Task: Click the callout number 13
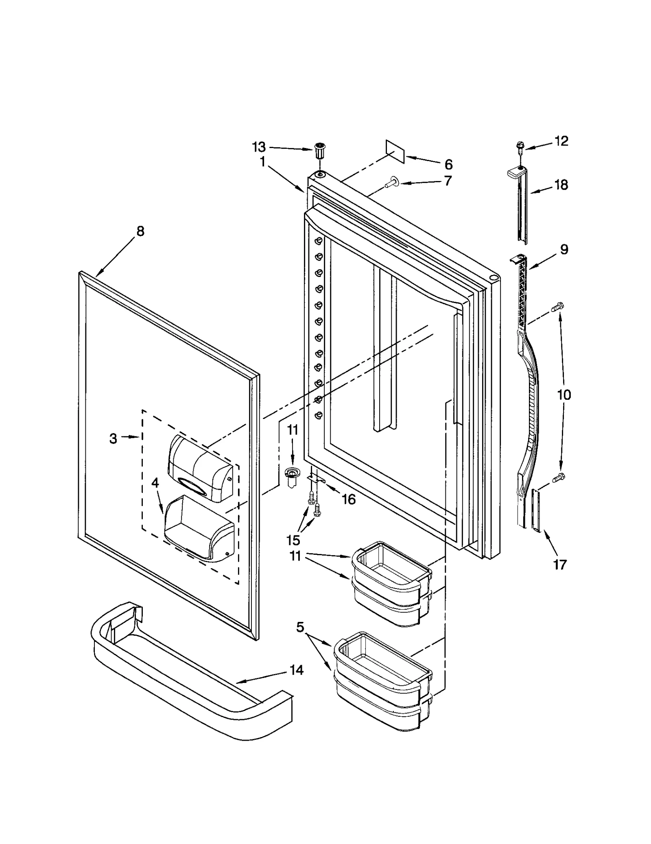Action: point(259,146)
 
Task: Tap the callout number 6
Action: point(448,164)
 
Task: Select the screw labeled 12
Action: point(520,146)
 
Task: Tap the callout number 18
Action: point(561,185)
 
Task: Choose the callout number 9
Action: point(564,249)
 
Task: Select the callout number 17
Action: point(560,564)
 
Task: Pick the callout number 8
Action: point(140,231)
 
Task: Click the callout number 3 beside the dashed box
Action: point(113,438)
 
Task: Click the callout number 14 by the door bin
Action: point(297,670)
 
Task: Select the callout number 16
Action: point(349,499)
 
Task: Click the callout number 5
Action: point(300,627)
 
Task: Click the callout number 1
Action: point(263,162)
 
